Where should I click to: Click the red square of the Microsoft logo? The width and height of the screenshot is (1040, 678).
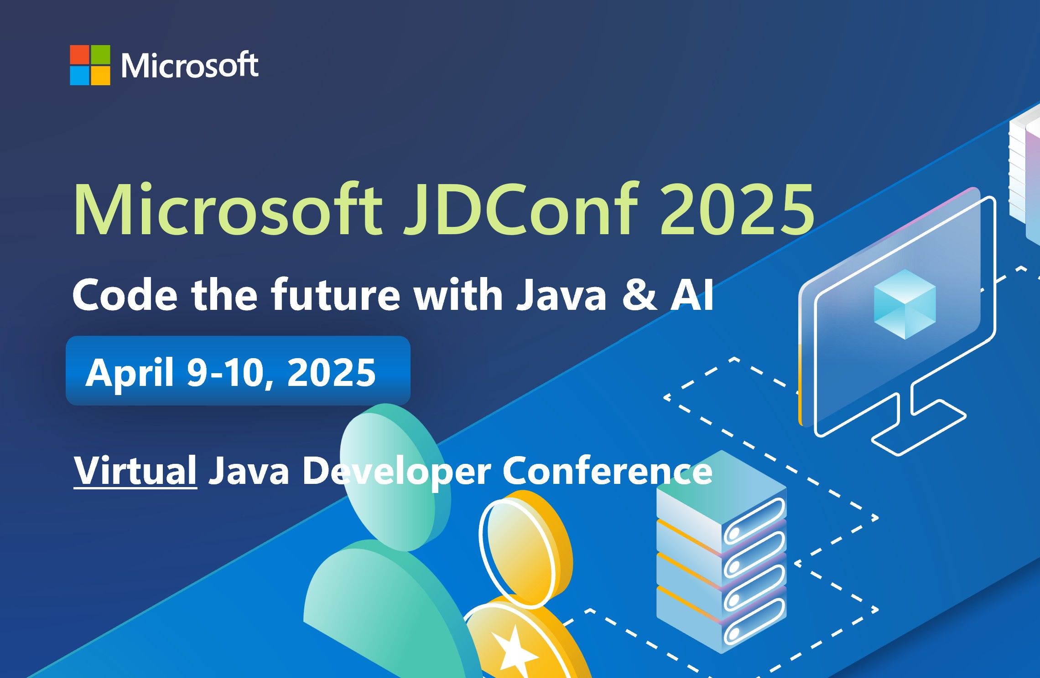point(79,54)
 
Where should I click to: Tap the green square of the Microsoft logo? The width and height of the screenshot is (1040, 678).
point(100,54)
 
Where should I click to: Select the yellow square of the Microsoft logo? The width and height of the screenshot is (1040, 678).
point(100,76)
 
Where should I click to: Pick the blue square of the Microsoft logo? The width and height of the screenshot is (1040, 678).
point(79,76)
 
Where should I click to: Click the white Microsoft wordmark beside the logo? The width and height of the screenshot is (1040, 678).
point(190,66)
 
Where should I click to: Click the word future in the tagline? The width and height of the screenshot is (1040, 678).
point(336,294)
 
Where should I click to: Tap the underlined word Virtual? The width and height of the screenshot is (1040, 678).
point(135,471)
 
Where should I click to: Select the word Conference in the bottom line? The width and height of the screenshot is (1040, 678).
point(607,471)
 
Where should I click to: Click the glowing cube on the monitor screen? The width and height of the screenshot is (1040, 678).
point(905,304)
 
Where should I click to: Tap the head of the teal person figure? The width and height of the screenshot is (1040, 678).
point(395,477)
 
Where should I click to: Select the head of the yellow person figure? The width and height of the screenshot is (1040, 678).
point(525,550)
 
